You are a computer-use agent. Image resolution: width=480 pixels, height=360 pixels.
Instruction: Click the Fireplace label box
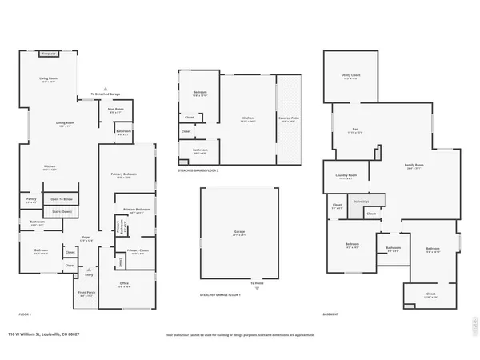click(47, 54)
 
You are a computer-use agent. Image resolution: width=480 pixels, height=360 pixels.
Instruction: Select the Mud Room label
click(115, 111)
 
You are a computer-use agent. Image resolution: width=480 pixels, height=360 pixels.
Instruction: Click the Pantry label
click(30, 200)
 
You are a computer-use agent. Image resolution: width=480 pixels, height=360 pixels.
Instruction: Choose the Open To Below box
click(62, 199)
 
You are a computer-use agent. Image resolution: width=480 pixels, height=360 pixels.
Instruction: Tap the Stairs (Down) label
click(62, 212)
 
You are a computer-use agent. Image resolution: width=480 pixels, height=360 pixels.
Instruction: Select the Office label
click(124, 284)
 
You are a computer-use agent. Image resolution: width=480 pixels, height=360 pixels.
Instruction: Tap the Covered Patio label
click(289, 120)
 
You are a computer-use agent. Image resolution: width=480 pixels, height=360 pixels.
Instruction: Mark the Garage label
click(239, 233)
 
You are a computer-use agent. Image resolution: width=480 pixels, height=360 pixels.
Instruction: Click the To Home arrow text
click(258, 283)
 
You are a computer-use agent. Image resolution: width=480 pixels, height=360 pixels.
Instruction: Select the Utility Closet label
click(350, 77)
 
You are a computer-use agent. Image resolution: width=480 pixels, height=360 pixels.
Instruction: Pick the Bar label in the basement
click(354, 131)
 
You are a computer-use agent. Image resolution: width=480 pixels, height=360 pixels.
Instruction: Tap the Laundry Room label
click(346, 177)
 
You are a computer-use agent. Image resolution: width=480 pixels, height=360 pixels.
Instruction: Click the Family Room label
click(414, 167)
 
